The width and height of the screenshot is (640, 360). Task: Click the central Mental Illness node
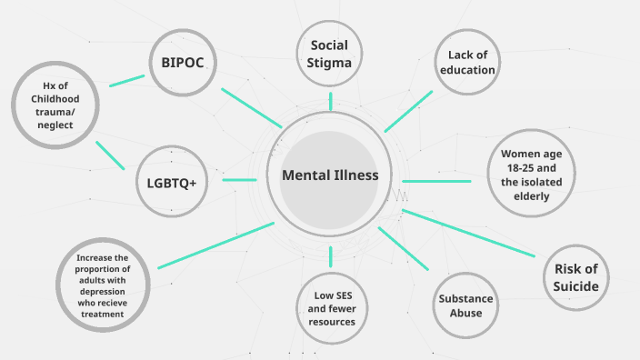[x=329, y=176]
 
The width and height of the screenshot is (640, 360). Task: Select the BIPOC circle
[x=184, y=62]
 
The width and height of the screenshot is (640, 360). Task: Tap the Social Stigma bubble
[x=329, y=54]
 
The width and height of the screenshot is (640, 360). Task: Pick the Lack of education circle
[x=466, y=62]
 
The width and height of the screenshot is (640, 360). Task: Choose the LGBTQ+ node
[x=172, y=182]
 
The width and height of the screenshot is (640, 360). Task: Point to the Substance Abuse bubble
[x=466, y=305]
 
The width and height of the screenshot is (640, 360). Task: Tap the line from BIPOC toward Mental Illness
[x=251, y=106]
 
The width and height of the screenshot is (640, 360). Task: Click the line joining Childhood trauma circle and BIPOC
[x=126, y=80]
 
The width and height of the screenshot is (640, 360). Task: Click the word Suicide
[x=576, y=287]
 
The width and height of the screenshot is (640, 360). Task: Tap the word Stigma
[x=329, y=62]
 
